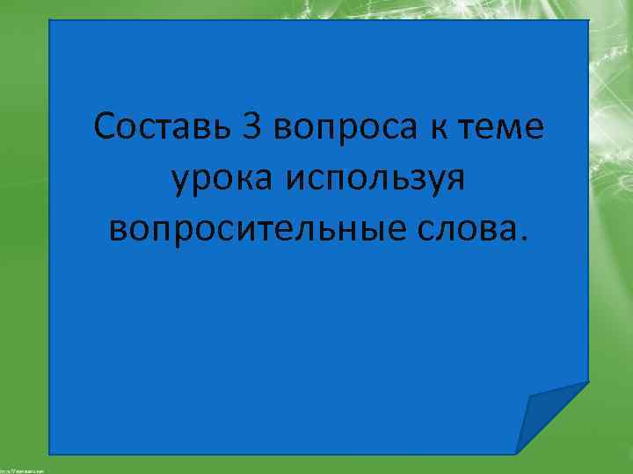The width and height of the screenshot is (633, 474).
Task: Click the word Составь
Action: click(161, 127)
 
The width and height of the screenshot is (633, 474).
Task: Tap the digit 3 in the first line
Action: click(251, 127)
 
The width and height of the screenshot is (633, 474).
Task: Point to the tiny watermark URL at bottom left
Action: click(22, 470)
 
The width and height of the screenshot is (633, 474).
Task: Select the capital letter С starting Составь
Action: click(106, 127)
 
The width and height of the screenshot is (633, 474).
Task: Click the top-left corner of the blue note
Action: click(50, 21)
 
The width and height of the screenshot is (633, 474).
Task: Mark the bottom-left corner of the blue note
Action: click(50, 453)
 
